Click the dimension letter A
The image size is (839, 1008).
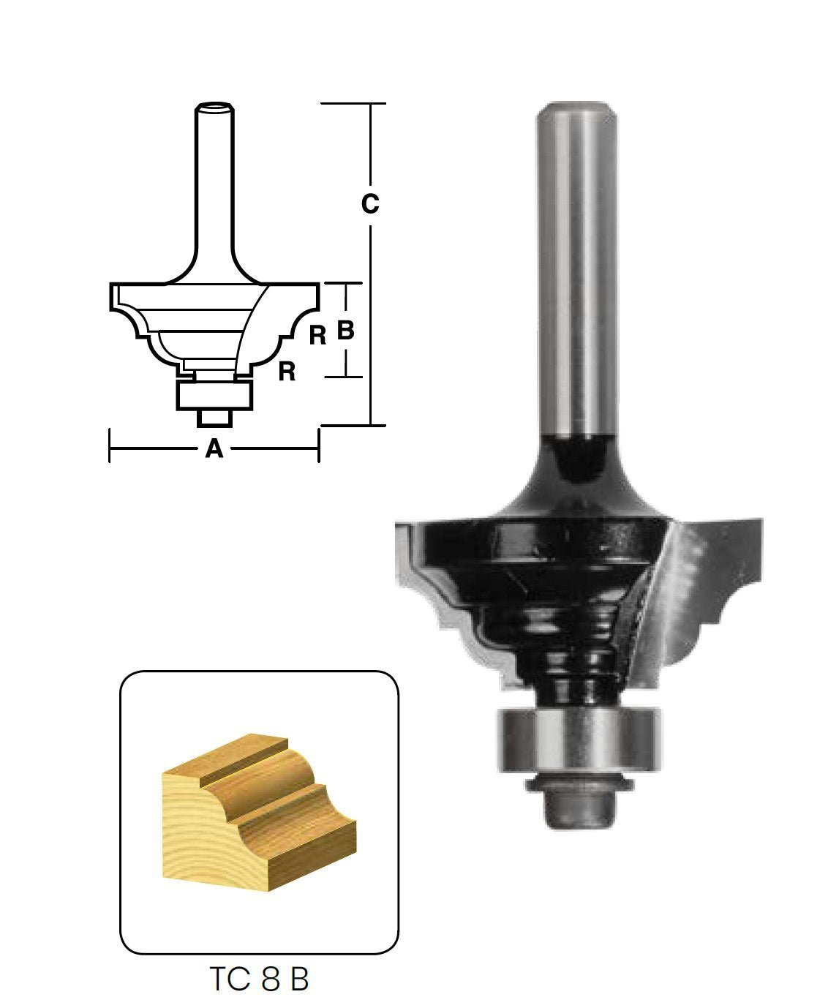214,448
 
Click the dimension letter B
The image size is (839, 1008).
345,331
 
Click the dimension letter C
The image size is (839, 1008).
370,205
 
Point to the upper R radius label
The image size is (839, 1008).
317,336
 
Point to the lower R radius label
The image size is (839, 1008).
287,372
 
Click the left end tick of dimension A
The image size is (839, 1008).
110,447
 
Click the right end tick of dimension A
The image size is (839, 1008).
318,447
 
